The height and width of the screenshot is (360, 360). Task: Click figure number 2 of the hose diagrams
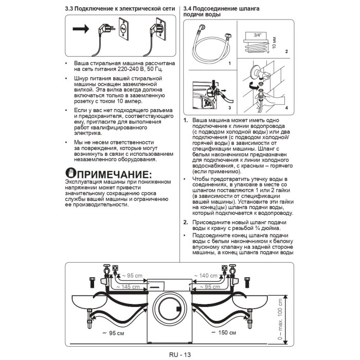click(x=286, y=51)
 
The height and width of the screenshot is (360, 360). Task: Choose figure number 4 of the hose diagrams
click(x=286, y=108)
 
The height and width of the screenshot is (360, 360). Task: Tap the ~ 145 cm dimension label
click(x=126, y=286)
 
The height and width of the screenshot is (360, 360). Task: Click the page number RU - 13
click(x=179, y=354)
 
